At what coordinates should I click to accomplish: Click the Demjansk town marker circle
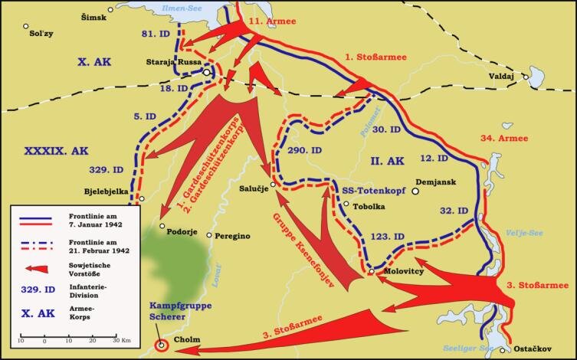415,192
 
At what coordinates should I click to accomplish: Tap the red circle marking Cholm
162,345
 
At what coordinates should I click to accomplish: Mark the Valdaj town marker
526,77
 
